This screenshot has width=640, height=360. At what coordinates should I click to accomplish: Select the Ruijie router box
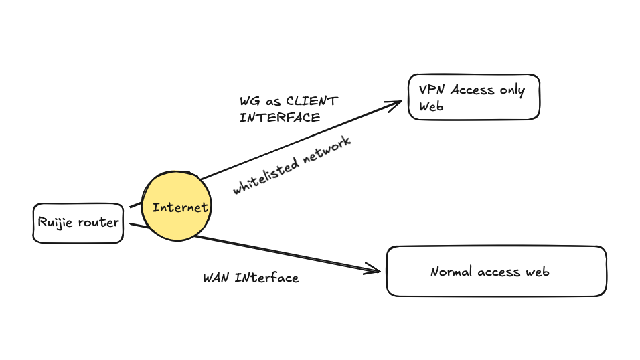[x=78, y=223]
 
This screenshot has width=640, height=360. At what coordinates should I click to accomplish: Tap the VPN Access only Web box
[x=473, y=97]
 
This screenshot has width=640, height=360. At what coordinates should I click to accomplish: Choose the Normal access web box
[x=496, y=271]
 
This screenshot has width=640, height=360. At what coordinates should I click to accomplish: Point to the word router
[x=98, y=223]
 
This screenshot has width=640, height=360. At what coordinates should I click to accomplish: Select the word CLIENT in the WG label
[x=312, y=102]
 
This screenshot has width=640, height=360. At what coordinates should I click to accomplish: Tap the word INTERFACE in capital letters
[x=280, y=118]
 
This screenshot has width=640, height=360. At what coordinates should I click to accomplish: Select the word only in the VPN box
[x=512, y=90]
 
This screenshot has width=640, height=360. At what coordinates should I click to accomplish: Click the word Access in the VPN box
[x=473, y=90]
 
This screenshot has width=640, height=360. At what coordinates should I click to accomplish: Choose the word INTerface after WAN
[x=266, y=277]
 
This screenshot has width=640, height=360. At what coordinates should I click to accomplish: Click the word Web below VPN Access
[x=432, y=106]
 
